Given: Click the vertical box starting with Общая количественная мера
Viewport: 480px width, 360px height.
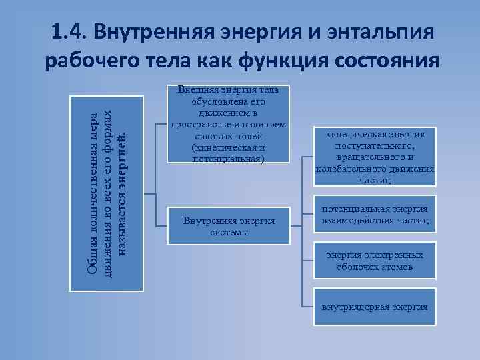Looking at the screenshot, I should (107, 193).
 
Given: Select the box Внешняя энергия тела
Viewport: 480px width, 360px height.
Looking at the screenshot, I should (229, 125).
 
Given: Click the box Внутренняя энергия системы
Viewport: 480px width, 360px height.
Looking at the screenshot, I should (229, 227).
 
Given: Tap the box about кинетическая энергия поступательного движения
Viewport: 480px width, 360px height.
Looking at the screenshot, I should (375, 157).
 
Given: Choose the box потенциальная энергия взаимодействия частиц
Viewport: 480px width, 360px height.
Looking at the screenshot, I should (375, 215).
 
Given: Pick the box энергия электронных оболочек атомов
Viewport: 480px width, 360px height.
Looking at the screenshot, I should (375, 261).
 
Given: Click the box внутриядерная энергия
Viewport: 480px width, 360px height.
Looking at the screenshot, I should (375, 307).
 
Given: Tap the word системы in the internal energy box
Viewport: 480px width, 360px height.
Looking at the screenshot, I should (229, 233).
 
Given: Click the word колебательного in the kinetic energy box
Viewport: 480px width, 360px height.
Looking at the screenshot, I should (347, 169).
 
